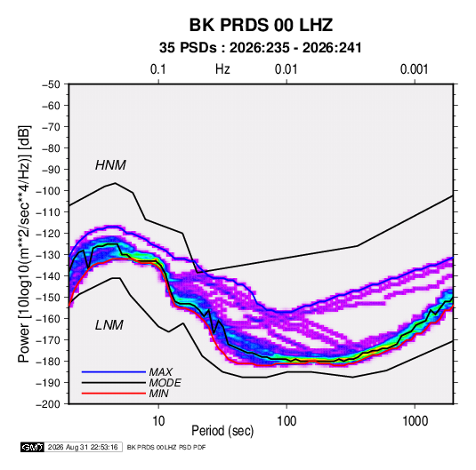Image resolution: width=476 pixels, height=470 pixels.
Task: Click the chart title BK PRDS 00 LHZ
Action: point(261,25)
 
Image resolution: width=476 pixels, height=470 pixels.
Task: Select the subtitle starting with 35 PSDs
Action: point(261,48)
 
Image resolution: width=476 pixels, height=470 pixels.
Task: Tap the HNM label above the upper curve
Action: point(110,165)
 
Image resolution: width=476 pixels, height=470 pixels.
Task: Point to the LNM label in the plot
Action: point(109,325)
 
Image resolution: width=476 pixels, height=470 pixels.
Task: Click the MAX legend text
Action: point(160,372)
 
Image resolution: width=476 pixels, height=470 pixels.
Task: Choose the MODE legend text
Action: point(165,383)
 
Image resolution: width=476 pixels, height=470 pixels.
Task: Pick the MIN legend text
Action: point(158,394)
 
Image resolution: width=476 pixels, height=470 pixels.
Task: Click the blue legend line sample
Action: point(114,372)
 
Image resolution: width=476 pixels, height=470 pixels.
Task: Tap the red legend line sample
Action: point(114,394)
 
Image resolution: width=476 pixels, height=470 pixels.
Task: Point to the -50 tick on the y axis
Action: point(51,84)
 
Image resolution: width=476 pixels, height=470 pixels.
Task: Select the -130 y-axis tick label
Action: point(48,255)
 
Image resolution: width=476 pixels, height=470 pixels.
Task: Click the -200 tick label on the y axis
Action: point(48,404)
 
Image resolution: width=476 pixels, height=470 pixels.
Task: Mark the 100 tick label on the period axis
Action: point(286,421)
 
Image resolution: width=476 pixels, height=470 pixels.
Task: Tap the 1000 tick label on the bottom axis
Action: point(415,421)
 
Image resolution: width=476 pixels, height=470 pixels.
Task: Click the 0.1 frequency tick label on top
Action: point(158,69)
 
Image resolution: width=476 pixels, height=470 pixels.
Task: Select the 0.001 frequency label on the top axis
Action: point(414,69)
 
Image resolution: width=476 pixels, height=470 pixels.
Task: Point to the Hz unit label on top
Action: point(222,69)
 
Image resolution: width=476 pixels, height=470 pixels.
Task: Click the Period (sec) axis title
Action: point(222,431)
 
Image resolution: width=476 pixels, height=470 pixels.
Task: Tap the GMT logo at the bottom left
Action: point(33,447)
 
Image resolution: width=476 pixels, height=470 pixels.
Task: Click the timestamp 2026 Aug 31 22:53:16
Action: point(83,447)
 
